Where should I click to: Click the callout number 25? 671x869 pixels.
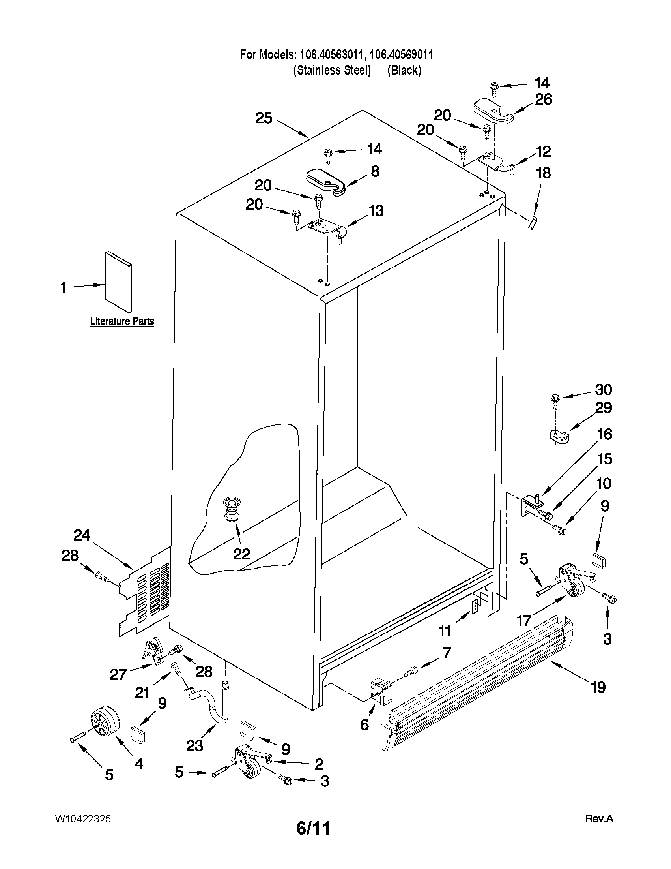point(264,118)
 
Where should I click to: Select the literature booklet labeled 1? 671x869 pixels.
point(118,282)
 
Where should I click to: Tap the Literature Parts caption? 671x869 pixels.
point(122,321)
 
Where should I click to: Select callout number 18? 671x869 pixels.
point(544,173)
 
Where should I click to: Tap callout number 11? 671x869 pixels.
point(445,630)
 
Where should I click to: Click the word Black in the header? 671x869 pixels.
point(404,70)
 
